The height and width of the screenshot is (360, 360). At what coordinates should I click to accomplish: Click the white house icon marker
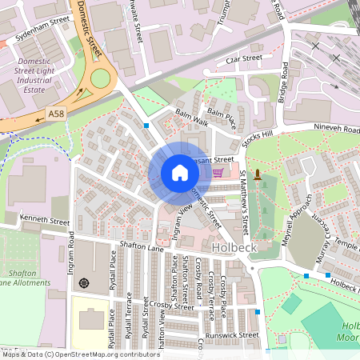[x=180, y=173]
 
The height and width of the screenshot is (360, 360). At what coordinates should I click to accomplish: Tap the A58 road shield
[x=56, y=114]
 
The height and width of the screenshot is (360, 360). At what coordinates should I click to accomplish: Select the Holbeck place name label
[x=234, y=249]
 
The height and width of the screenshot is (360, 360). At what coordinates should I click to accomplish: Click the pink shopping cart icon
[x=218, y=172]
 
